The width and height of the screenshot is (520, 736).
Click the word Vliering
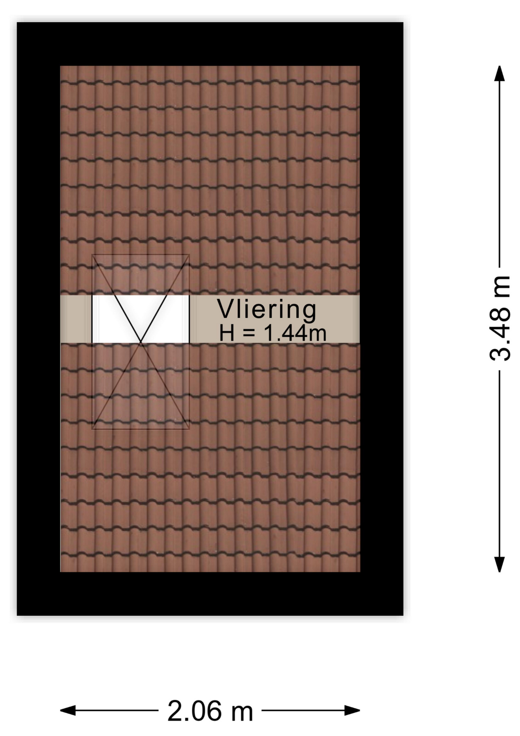[267, 310]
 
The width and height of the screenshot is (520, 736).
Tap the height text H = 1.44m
[273, 333]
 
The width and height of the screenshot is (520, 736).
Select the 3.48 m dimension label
[500, 319]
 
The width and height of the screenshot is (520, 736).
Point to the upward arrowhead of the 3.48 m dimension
[499, 74]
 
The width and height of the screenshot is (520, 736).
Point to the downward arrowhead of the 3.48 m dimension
[499, 564]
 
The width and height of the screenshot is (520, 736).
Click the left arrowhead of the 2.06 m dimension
[68, 710]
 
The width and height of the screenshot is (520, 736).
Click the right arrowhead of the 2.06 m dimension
[352, 710]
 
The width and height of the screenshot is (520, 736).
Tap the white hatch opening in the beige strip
[141, 319]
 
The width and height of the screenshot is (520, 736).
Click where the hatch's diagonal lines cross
[141, 342]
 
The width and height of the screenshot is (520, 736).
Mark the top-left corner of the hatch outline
[92, 255]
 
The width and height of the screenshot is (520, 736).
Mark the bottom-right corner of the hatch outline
[190, 429]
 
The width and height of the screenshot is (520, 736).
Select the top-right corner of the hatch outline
[190, 255]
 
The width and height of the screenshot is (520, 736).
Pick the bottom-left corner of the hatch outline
[92, 429]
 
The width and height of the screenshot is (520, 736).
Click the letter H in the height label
[226, 333]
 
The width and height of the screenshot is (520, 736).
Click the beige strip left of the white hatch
[76, 319]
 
